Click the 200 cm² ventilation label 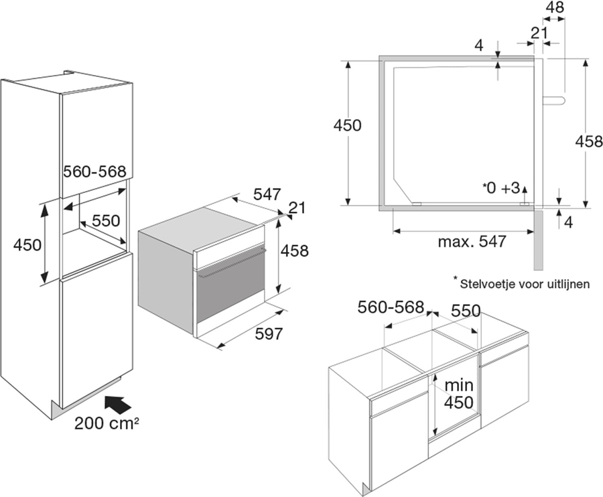coord(108,423)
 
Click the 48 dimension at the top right coord(553,9)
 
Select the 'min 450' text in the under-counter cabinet coord(460,394)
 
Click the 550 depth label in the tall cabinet coord(105,221)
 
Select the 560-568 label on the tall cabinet coord(94,171)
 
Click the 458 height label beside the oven coord(295,251)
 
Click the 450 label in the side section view coord(347,125)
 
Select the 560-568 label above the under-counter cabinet coord(391,307)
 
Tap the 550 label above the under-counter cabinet coord(466,310)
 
